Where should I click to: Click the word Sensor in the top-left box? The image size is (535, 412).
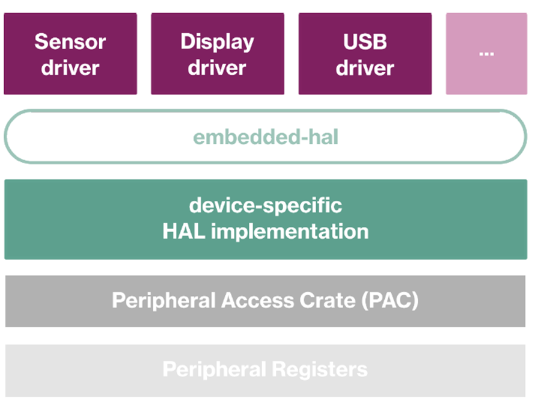(70, 42)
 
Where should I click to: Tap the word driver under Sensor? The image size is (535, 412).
(70, 67)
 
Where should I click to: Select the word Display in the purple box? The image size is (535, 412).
(218, 43)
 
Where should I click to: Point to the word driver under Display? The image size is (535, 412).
(217, 67)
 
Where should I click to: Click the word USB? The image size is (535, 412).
(365, 42)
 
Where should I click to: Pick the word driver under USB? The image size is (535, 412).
(365, 67)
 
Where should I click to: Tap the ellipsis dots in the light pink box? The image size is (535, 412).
(486, 54)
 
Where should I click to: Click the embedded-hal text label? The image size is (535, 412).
(266, 137)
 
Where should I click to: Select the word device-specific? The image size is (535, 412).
(266, 206)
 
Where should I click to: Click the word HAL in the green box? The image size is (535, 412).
(183, 232)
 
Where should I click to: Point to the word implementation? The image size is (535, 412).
(290, 232)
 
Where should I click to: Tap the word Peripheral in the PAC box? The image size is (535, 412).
(164, 301)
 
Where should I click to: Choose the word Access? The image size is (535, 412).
(258, 301)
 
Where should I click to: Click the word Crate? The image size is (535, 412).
(328, 301)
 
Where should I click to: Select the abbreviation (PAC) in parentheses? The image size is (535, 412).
(390, 301)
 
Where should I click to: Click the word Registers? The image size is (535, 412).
(320, 370)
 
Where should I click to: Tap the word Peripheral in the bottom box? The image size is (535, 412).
(214, 370)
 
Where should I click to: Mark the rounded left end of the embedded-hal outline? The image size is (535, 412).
(6, 137)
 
